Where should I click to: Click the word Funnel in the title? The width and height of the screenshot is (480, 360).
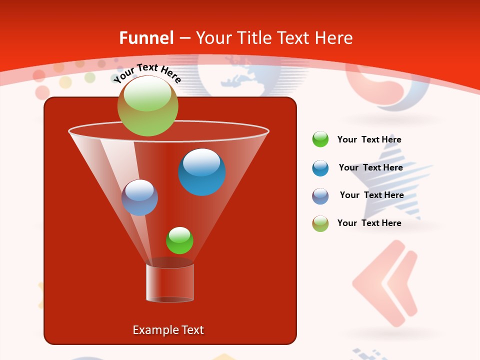(146, 38)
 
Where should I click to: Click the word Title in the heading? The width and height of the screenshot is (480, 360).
(253, 38)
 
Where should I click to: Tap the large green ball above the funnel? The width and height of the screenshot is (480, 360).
(147, 105)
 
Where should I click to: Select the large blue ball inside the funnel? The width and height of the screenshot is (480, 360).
(201, 172)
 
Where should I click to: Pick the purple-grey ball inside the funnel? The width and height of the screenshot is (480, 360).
(139, 197)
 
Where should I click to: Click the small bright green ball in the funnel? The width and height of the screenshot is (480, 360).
(179, 240)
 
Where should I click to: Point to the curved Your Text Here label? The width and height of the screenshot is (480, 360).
(147, 73)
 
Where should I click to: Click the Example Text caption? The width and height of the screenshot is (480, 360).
(168, 330)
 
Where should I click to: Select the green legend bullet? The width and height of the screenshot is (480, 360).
(320, 139)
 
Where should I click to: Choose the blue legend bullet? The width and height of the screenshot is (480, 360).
(320, 168)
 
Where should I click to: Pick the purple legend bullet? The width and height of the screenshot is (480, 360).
(320, 196)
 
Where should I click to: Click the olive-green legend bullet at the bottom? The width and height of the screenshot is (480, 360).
(320, 223)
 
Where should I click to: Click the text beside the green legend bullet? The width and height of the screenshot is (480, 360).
(369, 139)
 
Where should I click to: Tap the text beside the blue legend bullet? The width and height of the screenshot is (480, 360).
(370, 167)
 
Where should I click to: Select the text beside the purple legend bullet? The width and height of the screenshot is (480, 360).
(371, 195)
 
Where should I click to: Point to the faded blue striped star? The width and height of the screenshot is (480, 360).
(395, 185)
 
